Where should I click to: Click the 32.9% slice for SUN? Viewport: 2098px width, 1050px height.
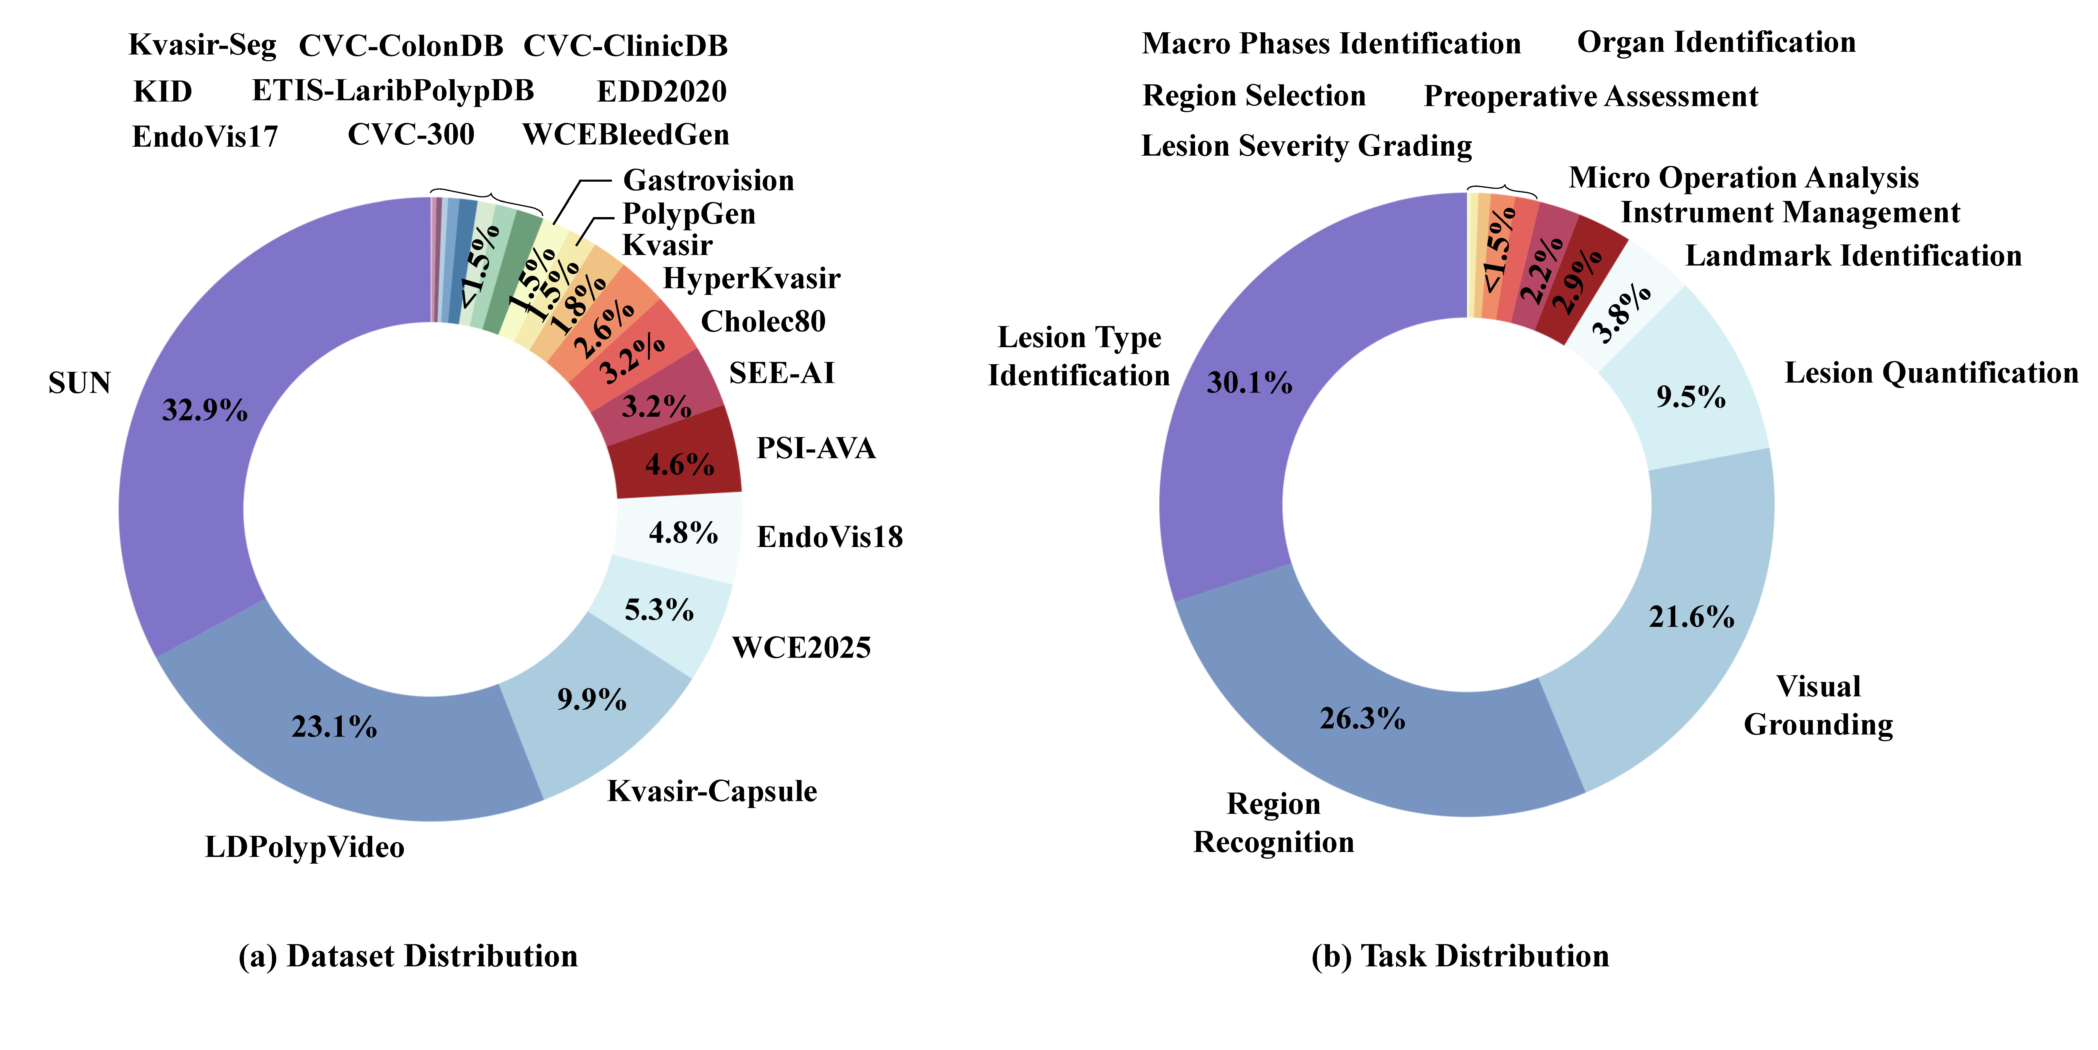click(x=187, y=456)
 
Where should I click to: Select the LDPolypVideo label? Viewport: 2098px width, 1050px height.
click(x=304, y=847)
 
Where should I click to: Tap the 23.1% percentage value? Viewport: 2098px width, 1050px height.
click(x=334, y=726)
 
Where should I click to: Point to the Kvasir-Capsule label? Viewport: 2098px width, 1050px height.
click(x=712, y=791)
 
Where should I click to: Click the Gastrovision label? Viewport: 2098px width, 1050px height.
click(x=708, y=180)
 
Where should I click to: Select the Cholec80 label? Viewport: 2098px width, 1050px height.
click(x=763, y=322)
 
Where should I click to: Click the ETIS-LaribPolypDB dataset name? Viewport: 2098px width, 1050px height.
click(x=392, y=90)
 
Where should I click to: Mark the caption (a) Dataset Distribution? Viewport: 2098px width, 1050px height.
click(x=408, y=956)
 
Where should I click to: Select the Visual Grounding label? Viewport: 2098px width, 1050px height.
click(x=1818, y=705)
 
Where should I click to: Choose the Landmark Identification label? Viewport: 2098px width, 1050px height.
click(x=1853, y=256)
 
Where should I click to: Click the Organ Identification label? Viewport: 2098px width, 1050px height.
click(x=1716, y=42)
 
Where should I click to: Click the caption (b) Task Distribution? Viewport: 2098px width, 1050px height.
click(x=1459, y=956)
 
